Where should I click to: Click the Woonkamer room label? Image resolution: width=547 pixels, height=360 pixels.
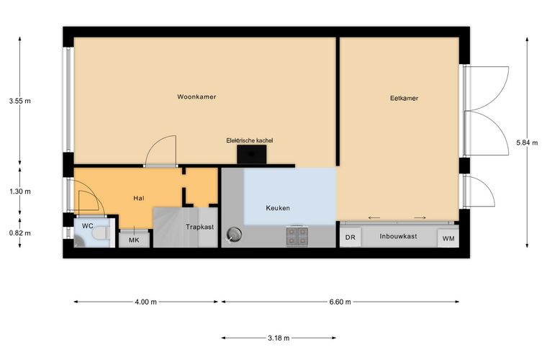point(196,96)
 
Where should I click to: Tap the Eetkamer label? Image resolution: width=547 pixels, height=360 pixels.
point(404,98)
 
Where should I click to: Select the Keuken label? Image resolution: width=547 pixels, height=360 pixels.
point(278,208)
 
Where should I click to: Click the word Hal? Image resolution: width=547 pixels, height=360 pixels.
point(138,198)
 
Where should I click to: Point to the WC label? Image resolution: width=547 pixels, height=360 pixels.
point(87,226)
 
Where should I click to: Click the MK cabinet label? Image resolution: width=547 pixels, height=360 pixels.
point(134,240)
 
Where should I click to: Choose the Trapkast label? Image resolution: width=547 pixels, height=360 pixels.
point(199,227)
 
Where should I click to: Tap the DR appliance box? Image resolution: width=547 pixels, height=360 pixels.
point(351,237)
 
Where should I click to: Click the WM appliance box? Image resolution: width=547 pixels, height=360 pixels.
point(448,238)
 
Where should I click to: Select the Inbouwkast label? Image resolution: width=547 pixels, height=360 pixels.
point(398,236)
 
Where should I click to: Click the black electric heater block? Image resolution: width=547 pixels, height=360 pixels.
point(251,155)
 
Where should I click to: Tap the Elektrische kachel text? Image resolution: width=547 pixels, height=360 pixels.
point(250,140)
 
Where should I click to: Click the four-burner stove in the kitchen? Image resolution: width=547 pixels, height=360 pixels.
point(297,236)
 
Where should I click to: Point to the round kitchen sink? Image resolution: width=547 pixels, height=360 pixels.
point(234,235)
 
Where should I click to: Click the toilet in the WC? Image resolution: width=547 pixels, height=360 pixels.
point(102,233)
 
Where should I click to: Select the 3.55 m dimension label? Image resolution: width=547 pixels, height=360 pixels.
point(20,102)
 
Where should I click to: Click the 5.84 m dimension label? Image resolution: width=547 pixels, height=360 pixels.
point(527,143)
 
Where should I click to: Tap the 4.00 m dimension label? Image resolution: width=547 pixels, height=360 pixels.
point(146,302)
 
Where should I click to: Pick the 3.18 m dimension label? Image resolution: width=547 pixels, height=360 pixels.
point(279,338)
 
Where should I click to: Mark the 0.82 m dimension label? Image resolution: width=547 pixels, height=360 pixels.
point(20,233)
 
